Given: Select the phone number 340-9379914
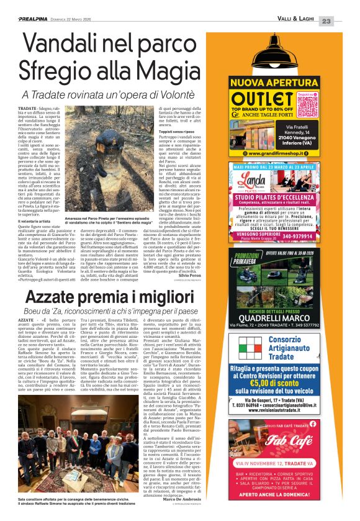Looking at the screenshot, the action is [x=318, y=235].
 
